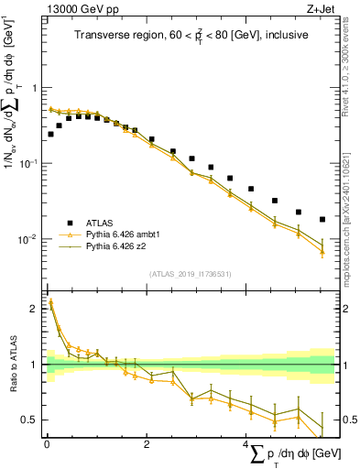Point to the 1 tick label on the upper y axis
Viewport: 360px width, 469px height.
[36, 88]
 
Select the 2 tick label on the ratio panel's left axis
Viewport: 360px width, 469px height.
[36, 309]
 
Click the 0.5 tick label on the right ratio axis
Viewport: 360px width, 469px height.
[349, 420]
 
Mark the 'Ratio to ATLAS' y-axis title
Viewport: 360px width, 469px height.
[12, 365]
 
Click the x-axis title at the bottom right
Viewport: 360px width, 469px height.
[291, 454]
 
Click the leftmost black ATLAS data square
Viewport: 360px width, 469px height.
[50, 134]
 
